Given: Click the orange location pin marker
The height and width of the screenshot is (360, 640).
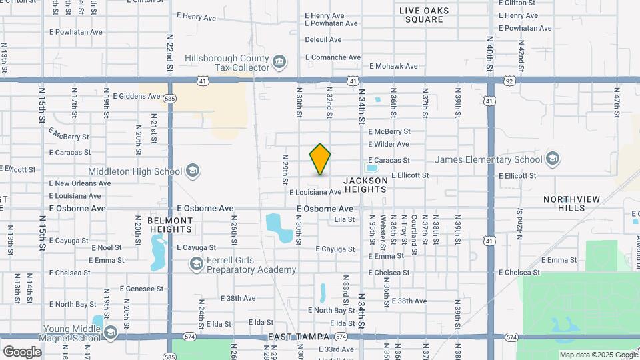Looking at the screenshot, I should coord(321,159).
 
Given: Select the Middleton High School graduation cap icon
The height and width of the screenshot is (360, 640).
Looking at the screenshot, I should coord(193,171).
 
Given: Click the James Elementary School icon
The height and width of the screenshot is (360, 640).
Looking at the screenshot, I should coord(552,159).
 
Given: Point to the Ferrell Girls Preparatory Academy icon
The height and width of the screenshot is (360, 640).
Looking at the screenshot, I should coord(196,265).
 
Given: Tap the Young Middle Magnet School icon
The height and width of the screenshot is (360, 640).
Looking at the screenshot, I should coord(109,333).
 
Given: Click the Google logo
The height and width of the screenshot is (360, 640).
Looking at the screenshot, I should coord(22,351).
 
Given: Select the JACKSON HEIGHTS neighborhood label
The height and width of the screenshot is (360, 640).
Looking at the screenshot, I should coord(365,185).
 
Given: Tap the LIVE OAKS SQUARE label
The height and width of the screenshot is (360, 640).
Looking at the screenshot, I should coord(424,15).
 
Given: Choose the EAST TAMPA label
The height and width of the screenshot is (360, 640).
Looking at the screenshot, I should coord(297,339).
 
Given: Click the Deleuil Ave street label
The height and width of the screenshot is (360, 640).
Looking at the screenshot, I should coord(323,40).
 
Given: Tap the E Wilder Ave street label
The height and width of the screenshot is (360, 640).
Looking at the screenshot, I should coord(388,144).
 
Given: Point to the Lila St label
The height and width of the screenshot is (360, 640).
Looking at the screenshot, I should coord(345,219).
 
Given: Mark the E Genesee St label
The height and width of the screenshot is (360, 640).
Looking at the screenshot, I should coord(141,289).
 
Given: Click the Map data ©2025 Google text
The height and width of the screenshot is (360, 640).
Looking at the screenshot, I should coord(597,355).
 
